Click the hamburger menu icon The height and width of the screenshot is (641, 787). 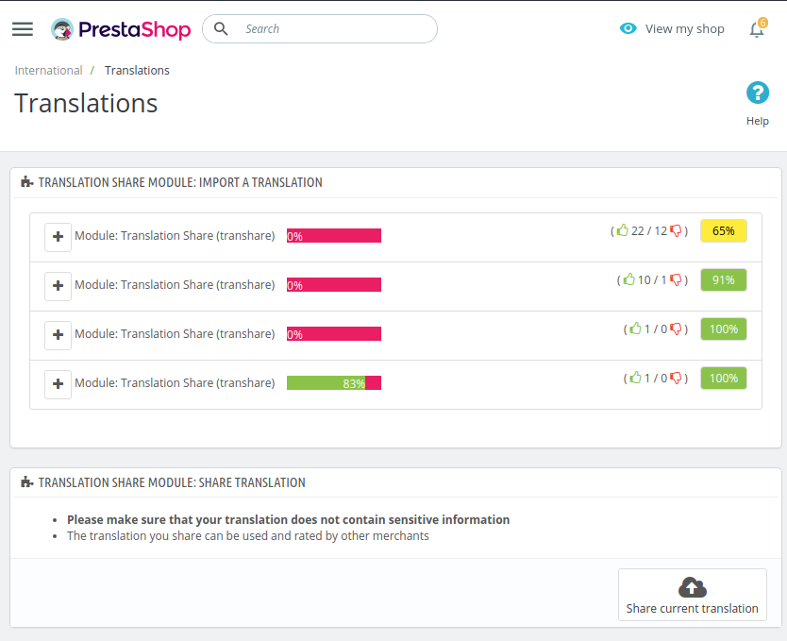click(23, 29)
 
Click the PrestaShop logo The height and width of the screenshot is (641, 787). click(121, 29)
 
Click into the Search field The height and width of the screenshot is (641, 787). click(330, 28)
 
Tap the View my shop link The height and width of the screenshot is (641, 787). click(672, 28)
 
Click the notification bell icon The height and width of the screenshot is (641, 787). click(756, 29)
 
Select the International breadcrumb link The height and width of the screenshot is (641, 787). click(48, 70)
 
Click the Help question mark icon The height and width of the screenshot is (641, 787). click(757, 93)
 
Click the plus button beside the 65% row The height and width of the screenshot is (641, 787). click(59, 237)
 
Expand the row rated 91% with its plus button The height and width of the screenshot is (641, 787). click(59, 285)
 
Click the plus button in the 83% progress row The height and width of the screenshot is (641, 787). click(59, 383)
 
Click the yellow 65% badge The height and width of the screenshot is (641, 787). click(723, 230)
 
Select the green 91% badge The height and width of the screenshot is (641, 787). click(723, 279)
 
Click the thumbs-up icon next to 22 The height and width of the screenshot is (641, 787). click(622, 230)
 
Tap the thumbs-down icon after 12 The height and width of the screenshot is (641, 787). click(676, 230)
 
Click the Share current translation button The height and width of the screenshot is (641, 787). click(692, 595)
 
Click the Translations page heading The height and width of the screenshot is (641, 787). click(86, 103)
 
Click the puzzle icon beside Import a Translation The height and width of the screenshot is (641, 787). click(26, 182)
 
